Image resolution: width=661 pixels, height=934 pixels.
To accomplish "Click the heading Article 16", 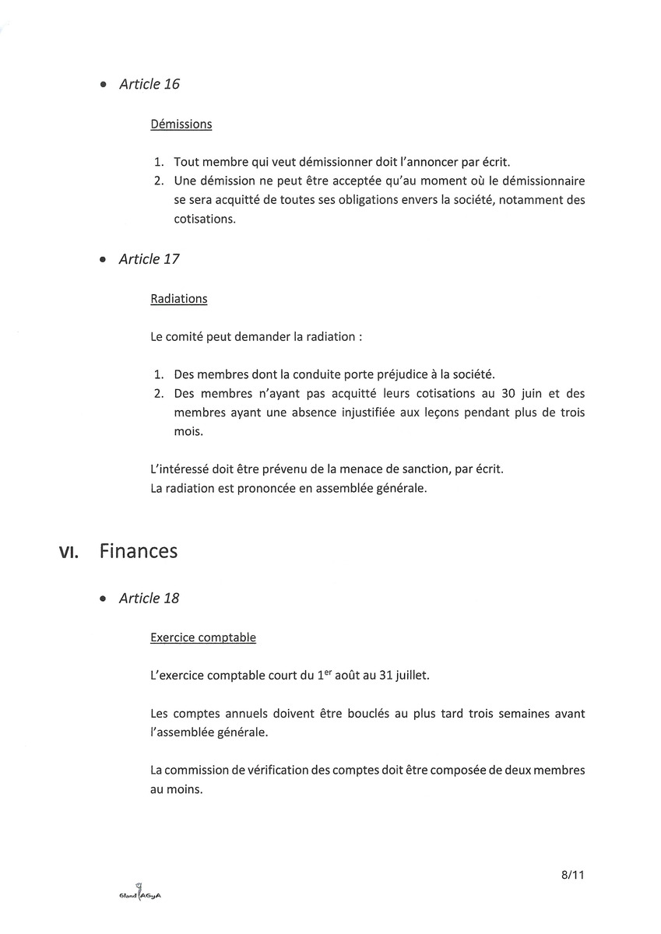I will (149, 84).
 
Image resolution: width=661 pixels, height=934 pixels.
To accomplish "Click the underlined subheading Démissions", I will (181, 124).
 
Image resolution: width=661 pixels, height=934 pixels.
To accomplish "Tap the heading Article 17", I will (149, 259).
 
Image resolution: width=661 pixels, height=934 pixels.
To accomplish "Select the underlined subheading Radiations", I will (178, 299).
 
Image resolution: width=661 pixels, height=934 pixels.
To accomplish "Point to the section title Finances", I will (139, 551).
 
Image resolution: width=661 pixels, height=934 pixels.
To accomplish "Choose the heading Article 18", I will (149, 599).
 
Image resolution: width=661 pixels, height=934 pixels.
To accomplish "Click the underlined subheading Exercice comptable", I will (202, 637).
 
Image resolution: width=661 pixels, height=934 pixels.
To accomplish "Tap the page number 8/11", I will (572, 875).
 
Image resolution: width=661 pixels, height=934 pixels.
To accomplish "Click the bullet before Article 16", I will (103, 85).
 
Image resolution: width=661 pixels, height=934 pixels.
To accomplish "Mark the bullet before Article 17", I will (103, 260).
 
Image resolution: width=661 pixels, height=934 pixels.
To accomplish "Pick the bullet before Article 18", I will (103, 599).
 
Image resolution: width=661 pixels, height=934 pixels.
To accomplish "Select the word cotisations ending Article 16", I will (204, 219).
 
